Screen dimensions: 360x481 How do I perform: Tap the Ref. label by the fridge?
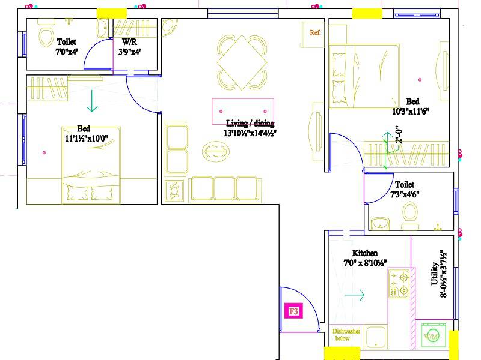tap(315, 32)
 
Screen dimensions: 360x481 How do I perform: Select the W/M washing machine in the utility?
tap(431, 337)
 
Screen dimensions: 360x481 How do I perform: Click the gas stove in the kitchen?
tap(399, 284)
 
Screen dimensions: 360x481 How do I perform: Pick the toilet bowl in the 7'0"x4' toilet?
tap(45, 37)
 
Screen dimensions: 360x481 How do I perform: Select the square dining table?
tap(242, 62)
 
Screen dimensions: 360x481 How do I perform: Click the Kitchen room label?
tap(364, 253)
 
